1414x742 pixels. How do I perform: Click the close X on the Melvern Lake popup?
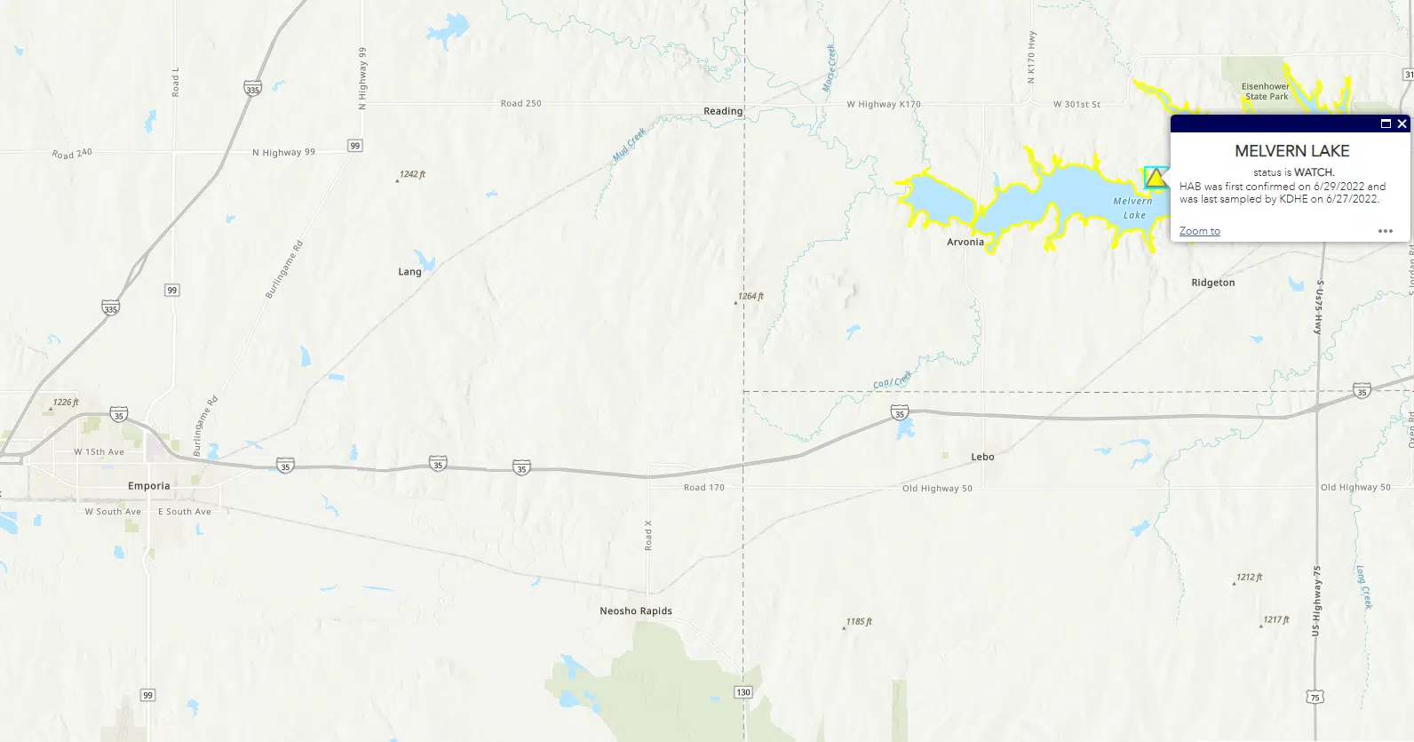tap(1402, 124)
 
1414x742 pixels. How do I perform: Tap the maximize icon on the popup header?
tap(1386, 124)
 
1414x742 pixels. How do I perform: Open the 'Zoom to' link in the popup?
tap(1199, 231)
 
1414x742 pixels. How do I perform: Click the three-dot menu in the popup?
tap(1386, 231)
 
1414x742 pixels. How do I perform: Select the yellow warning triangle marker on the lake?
tap(1155, 179)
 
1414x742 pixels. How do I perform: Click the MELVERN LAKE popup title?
tap(1291, 151)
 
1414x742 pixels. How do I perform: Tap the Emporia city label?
tap(148, 486)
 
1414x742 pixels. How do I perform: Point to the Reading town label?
tap(723, 111)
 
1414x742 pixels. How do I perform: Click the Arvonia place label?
tap(965, 242)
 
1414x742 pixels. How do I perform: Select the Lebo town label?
tap(982, 457)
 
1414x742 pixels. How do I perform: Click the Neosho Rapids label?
tap(636, 611)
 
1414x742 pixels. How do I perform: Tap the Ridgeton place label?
tap(1212, 283)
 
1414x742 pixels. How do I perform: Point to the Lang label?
tap(409, 272)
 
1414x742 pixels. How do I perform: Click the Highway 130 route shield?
tap(743, 692)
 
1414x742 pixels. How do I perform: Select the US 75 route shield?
tap(1315, 698)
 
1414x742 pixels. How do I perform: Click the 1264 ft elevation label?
tap(751, 296)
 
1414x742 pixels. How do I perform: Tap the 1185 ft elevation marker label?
tap(859, 621)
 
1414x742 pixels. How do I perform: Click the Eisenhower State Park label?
tap(1266, 92)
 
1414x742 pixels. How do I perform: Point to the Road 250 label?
tap(520, 103)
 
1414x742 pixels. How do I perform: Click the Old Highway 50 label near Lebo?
tap(937, 488)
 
